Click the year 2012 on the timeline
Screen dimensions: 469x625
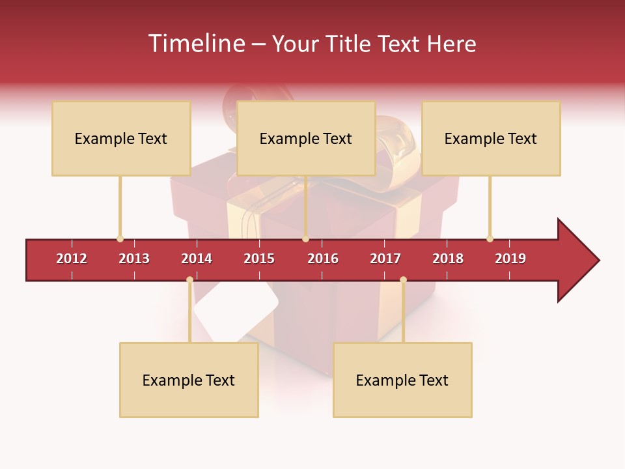(72, 259)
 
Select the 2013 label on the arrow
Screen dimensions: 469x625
(134, 259)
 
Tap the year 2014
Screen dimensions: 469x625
(197, 259)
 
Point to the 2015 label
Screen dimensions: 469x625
(259, 259)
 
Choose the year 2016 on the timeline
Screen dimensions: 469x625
(323, 259)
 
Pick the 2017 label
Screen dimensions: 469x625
(385, 259)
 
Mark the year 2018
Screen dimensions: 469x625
(448, 259)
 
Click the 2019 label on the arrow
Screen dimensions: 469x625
(510, 259)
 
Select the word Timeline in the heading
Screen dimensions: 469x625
(195, 44)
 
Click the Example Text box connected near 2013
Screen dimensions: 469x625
(121, 138)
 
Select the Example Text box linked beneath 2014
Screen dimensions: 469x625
(189, 380)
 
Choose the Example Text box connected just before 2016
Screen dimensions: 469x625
(306, 138)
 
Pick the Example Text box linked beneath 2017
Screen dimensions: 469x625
(402, 380)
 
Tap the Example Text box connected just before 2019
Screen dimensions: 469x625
(491, 138)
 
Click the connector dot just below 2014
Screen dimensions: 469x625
(189, 280)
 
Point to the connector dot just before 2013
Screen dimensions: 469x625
(120, 239)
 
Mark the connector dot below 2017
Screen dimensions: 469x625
(403, 280)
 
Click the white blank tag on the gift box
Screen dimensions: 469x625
(236, 313)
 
